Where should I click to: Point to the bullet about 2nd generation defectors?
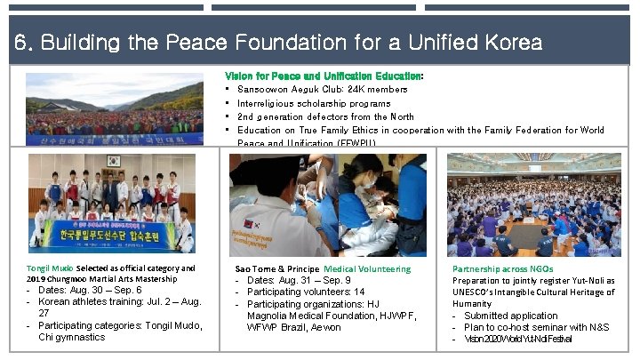pyautogui.click(x=325, y=116)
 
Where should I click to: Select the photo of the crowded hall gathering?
pyautogui.click(x=533, y=204)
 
